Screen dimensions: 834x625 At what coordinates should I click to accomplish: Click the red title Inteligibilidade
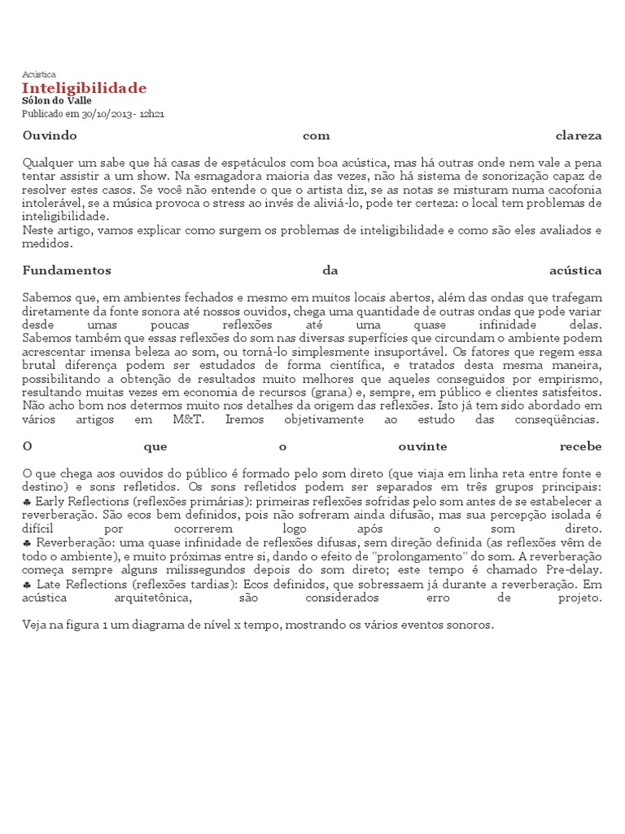click(85, 88)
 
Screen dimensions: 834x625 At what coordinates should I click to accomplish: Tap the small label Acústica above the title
click(39, 74)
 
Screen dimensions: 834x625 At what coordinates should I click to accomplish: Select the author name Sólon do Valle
click(57, 101)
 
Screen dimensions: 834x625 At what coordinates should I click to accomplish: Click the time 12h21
click(152, 114)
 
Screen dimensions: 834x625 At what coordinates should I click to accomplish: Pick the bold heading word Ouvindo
click(50, 135)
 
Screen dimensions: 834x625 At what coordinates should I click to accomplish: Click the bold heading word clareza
click(579, 135)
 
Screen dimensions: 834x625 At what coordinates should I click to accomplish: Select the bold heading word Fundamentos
click(67, 270)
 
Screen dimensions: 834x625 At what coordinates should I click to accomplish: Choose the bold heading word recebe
click(580, 447)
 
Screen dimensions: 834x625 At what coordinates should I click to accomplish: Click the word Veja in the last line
click(36, 625)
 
